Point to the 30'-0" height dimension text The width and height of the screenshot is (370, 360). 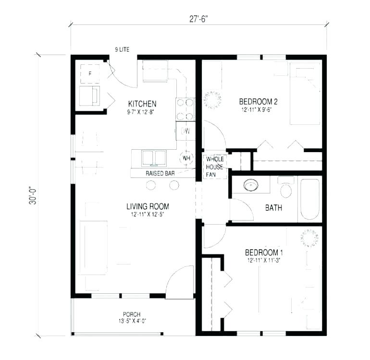pos(33,195)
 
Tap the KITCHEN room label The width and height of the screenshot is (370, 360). pos(142,104)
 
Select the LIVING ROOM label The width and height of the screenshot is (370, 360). pos(148,207)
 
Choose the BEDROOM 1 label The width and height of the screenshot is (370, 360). pos(264,252)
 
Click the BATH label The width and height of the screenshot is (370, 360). pos(273,208)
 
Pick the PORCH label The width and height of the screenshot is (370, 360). pos(131,314)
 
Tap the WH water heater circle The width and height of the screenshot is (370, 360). pos(186,158)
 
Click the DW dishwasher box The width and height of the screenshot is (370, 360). pos(185,131)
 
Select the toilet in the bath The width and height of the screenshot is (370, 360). pos(286,188)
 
